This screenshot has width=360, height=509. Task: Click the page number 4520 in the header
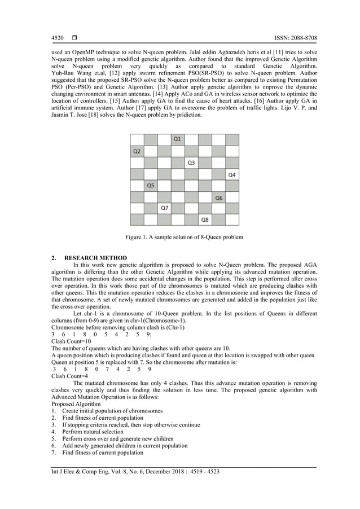(57, 38)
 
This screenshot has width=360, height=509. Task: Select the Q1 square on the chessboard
(177, 139)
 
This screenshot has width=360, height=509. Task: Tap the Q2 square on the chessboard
(137, 151)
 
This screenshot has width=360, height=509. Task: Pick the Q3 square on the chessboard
(191, 163)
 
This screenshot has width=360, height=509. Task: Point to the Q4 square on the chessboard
(232, 174)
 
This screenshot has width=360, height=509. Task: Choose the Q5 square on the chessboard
(150, 186)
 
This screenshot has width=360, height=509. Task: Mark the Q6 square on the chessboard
(218, 198)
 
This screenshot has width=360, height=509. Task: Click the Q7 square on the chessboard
(164, 209)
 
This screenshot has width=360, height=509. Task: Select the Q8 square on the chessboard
(205, 220)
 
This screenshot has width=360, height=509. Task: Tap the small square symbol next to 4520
(74, 38)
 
